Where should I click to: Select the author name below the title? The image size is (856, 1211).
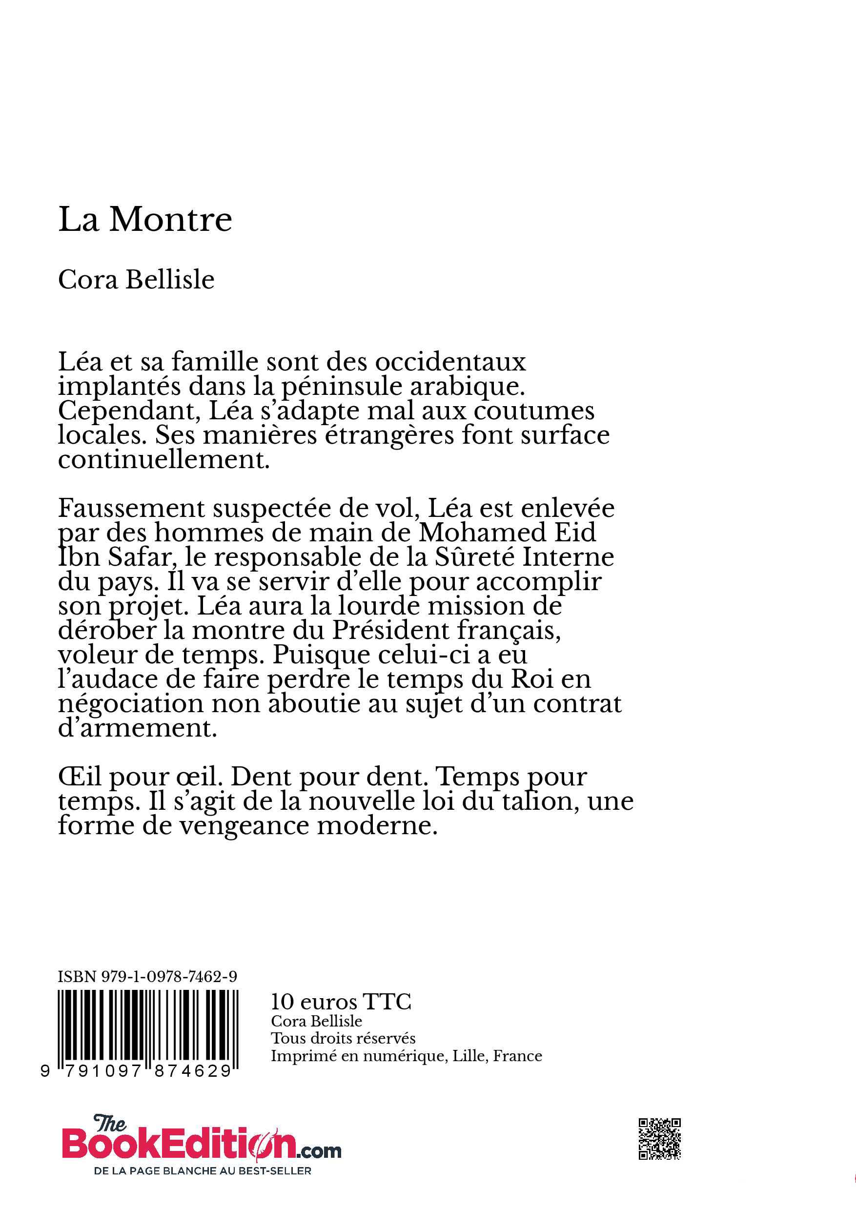[136, 280]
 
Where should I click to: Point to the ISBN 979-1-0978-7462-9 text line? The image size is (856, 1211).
[147, 977]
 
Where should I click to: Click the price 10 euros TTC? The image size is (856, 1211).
[341, 1002]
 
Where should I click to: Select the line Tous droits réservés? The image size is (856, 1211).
[343, 1039]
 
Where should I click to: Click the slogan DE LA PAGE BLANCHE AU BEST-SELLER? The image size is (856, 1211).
[203, 1171]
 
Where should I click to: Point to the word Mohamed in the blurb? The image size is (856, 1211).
[482, 533]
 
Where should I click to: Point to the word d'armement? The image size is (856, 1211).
[137, 728]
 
